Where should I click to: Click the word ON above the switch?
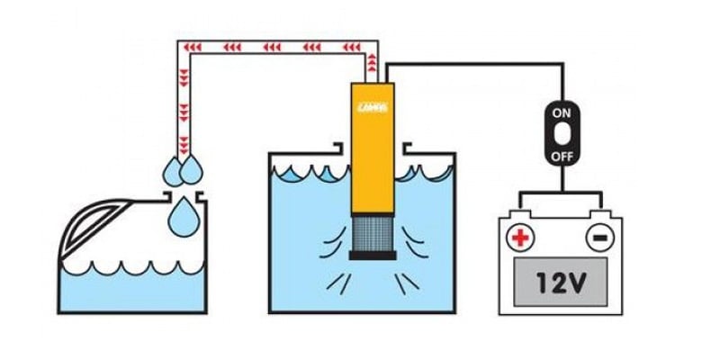click(562, 114)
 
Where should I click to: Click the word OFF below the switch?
click(562, 155)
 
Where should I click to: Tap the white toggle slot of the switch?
click(562, 134)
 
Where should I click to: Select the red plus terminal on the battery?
click(519, 238)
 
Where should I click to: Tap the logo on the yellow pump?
click(373, 106)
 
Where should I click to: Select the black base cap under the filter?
click(373, 256)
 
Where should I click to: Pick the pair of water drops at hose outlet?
click(183, 167)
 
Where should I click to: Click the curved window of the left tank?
click(99, 226)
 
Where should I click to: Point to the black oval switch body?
click(562, 134)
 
